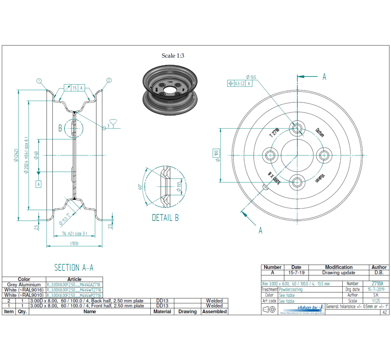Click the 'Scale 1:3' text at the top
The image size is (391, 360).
coord(173,56)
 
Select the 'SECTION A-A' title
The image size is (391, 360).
coord(74,267)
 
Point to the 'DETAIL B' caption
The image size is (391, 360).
coord(165,217)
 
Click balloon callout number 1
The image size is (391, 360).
coord(39,81)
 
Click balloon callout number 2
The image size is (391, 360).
coord(109,80)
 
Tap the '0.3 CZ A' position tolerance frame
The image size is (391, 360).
coord(240,83)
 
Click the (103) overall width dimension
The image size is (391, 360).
coord(74,243)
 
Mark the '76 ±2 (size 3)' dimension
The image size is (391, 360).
coord(74,234)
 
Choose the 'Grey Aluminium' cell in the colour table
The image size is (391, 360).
coord(24,284)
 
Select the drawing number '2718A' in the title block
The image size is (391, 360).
coord(377,284)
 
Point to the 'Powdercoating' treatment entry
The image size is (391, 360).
coord(293,290)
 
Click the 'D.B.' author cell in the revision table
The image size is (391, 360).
coord(379,273)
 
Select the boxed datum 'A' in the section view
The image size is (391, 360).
coord(39,184)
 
